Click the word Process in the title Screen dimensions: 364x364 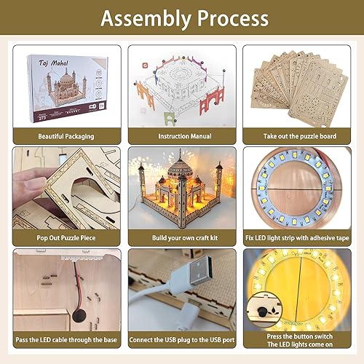pos(227,17)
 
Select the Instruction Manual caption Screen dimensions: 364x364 pos(181,136)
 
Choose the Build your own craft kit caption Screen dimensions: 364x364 pos(181,237)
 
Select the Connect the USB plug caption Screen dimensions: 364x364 pos(181,339)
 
